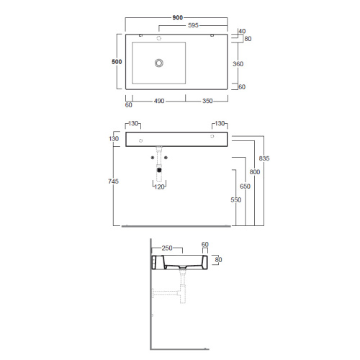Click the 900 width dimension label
178,17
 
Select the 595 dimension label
193,25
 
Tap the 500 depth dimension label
117,62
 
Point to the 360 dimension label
238,64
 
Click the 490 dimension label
159,101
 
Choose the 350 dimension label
207,101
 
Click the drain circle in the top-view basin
159,63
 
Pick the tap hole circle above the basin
159,38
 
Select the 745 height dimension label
113,181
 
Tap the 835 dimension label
264,158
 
